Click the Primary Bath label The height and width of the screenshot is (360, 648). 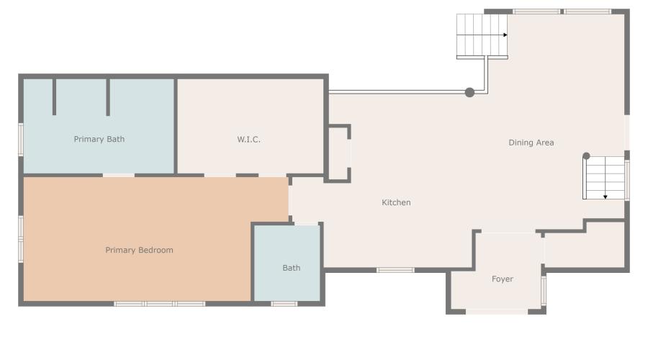99,139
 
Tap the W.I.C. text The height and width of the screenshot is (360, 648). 248,139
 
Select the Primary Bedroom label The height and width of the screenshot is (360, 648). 139,250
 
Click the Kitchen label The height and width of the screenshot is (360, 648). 396,202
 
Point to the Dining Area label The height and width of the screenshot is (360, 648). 531,143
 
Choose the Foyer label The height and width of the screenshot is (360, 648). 502,279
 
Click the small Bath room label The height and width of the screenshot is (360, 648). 291,268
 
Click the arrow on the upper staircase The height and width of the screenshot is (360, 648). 505,35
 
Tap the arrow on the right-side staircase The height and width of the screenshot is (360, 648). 606,196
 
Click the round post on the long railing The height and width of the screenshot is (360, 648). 469,92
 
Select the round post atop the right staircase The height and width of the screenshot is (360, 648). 586,156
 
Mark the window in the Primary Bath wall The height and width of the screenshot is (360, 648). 21,139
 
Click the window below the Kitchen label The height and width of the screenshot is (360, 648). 395,270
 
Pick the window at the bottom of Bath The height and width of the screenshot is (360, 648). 284,304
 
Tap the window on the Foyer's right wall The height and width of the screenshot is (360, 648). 544,289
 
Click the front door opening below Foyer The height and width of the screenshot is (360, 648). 496,312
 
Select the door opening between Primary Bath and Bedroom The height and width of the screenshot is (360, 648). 118,175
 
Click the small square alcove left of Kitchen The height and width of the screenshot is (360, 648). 338,153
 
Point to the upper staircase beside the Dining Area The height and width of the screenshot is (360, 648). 481,36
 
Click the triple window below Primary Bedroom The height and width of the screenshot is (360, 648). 160,304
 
